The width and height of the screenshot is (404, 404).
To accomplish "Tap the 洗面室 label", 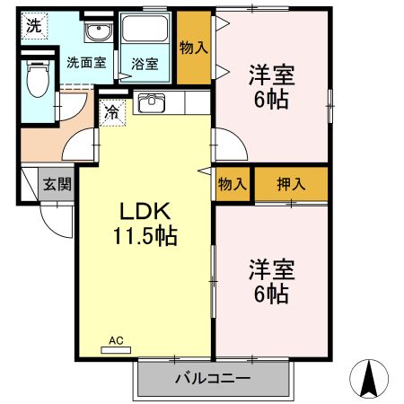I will pos(85,64).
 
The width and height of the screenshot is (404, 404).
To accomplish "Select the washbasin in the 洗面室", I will pos(95,34).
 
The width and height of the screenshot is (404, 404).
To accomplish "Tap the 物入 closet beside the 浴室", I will pos(194,48).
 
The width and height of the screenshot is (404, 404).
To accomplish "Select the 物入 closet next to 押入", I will pos(233,184).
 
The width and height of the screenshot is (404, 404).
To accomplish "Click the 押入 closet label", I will pos(291,184).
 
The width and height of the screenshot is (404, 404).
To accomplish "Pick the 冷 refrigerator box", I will pos(112,113).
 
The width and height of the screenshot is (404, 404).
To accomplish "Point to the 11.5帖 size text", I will pos(145,237).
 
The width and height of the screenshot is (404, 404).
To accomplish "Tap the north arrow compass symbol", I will pos(369,378).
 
